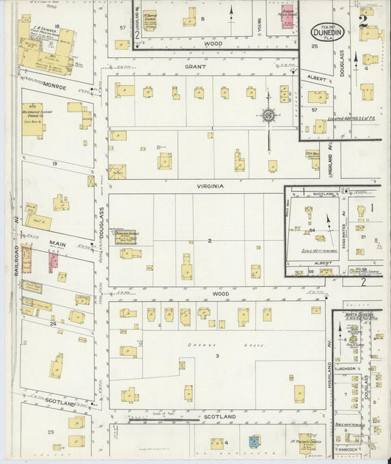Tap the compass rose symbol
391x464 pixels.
point(269,115)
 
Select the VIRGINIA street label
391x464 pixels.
point(209,186)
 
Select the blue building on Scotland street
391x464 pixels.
point(253,442)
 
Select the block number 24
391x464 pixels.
point(52,323)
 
